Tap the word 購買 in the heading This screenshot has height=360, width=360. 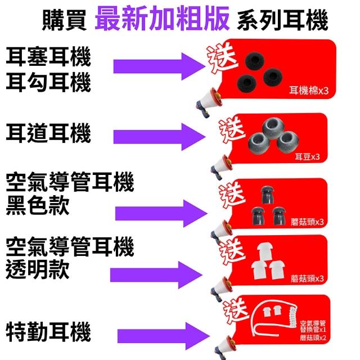tap(65, 21)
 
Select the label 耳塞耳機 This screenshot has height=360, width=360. tap(48, 57)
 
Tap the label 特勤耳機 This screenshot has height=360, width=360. tap(48, 332)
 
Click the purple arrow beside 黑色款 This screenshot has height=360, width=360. tap(161, 213)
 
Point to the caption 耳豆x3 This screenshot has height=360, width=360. tap(307, 157)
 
